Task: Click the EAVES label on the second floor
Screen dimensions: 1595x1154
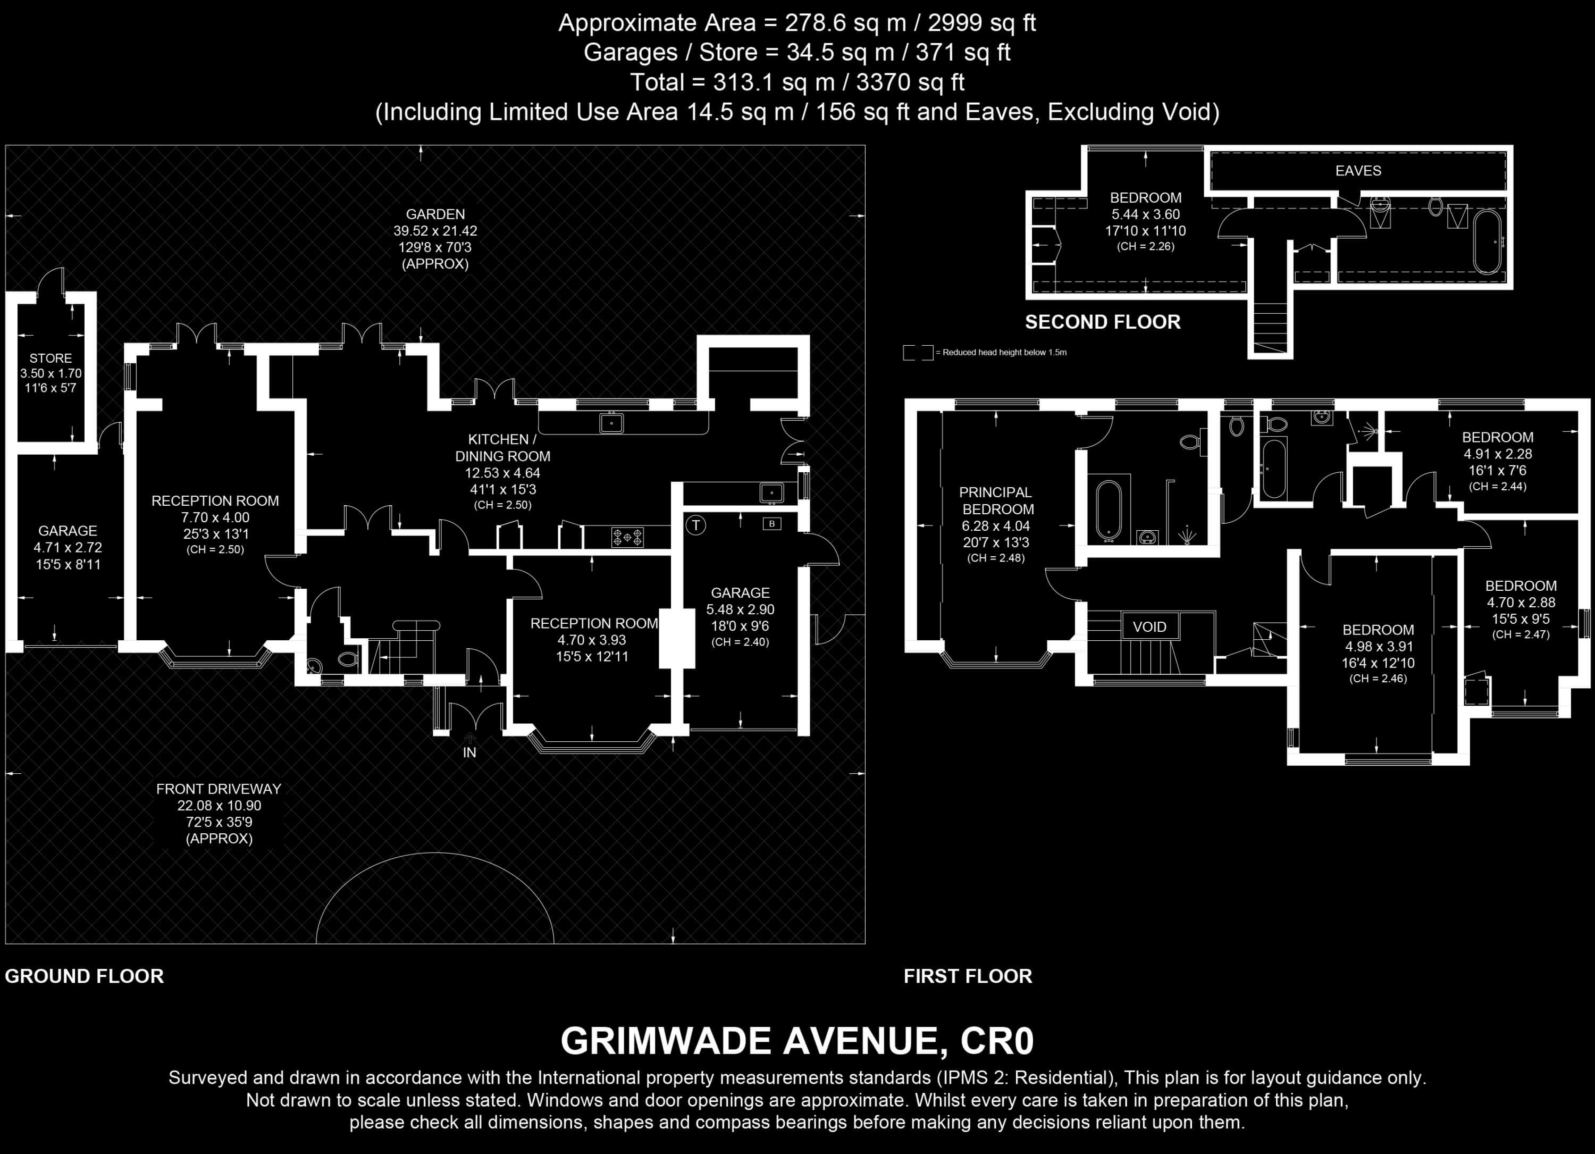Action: [x=1358, y=171]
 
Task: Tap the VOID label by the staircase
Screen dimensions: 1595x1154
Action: [x=1149, y=626]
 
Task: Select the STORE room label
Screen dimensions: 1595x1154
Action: [x=51, y=358]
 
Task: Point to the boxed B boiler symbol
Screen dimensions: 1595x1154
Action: [x=772, y=524]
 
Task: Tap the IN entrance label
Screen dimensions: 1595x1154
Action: [x=470, y=752]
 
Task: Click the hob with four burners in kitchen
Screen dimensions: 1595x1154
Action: [x=627, y=537]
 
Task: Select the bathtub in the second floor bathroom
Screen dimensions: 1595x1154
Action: [x=1488, y=241]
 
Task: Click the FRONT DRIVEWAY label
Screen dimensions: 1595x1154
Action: [x=219, y=789]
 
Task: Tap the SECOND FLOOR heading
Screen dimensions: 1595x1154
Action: [x=1103, y=322]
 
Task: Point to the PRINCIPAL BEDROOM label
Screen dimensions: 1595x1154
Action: [x=997, y=501]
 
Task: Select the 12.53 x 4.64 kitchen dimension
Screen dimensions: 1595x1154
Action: [x=502, y=473]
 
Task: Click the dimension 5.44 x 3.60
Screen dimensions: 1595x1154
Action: [x=1146, y=214]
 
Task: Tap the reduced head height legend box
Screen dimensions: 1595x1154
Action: [x=918, y=353]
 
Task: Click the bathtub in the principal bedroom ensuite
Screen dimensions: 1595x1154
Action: [x=1109, y=511]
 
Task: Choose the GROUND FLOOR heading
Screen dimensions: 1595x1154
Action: [x=85, y=976]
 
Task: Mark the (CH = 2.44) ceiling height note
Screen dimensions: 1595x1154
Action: [x=1498, y=486]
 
